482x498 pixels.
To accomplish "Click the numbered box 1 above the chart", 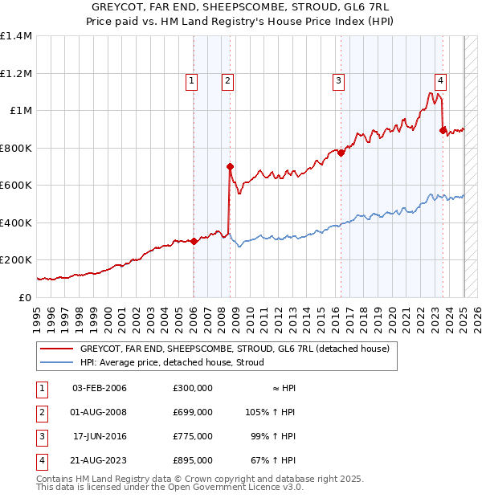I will pos(192,80).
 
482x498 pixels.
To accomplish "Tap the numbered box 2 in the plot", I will pos(228,80).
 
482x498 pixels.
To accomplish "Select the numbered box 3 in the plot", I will pos(339,80).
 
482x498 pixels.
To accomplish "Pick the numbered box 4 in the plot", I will pos(441,80).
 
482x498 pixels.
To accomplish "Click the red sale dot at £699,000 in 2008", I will pos(230,167).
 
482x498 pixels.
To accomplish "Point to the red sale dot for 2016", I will pos(341,153).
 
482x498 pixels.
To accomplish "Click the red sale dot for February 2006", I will pos(194,241).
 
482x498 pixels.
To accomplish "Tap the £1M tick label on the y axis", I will pos(17,111).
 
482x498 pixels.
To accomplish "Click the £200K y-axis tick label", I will pos(15,260).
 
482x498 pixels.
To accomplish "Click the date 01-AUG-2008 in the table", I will pos(100,412).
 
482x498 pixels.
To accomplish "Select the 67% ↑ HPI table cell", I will pos(272,460).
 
